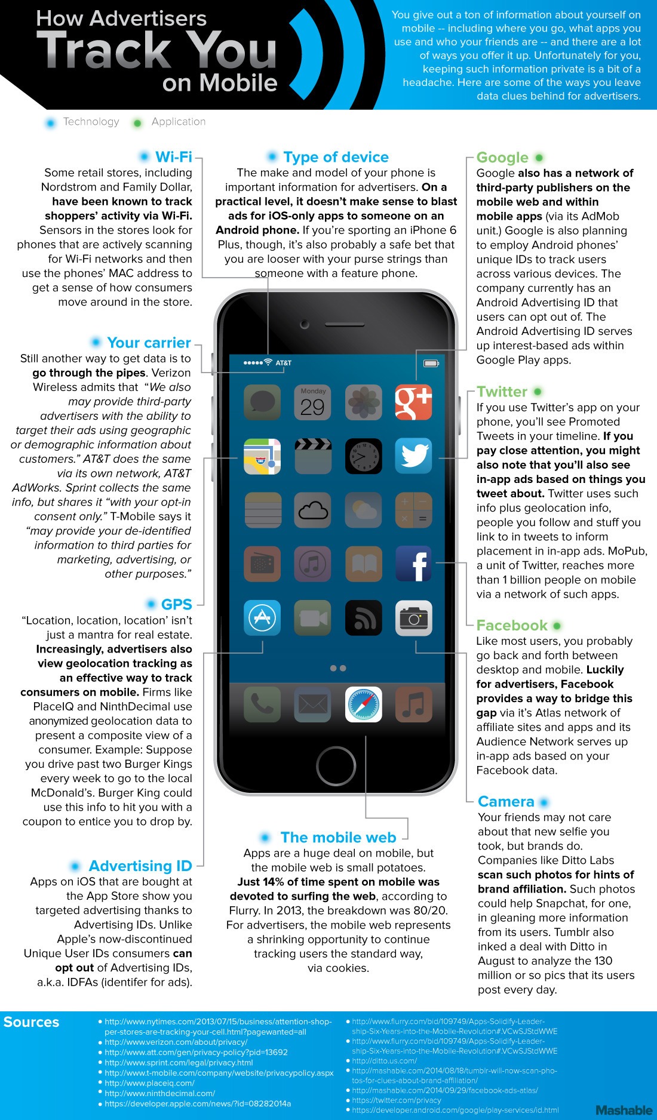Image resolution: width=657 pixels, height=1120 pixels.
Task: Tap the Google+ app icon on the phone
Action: (413, 402)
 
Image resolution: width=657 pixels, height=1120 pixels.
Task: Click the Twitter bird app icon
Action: (413, 456)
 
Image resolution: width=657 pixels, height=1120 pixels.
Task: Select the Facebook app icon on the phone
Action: (413, 564)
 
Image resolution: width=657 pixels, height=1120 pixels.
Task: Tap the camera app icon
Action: (413, 618)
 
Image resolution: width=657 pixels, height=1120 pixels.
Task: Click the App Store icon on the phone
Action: (262, 618)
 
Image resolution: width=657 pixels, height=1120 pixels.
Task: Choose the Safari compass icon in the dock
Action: (363, 704)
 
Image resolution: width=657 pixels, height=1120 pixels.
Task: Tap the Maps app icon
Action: (262, 456)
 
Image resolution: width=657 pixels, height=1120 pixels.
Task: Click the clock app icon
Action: (363, 456)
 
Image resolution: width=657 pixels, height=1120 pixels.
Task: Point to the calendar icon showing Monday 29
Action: (312, 402)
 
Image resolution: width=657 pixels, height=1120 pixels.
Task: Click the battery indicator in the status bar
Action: (431, 363)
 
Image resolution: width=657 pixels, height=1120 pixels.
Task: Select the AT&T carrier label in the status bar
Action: (283, 363)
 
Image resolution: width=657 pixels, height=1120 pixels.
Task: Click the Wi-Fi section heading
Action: (173, 157)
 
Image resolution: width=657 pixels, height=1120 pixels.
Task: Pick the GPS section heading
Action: (176, 604)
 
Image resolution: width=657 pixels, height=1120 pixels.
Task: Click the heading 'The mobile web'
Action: (338, 838)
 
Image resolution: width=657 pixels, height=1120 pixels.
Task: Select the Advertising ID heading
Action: (140, 866)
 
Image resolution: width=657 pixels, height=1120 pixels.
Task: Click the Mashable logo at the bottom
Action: (624, 1110)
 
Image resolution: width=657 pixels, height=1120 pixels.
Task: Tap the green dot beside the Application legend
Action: (137, 123)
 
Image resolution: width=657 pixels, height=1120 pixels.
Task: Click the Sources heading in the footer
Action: (31, 1022)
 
